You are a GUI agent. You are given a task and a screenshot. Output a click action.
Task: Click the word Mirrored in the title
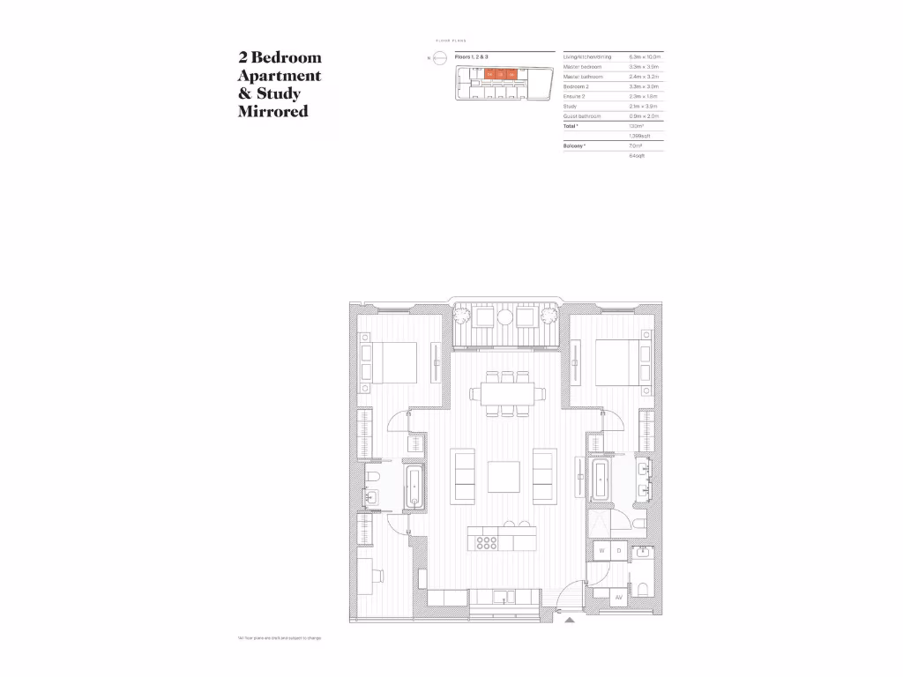[x=272, y=112]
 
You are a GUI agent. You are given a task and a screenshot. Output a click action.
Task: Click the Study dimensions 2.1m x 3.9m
[x=639, y=106]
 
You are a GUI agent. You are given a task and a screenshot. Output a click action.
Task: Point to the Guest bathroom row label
[x=582, y=116]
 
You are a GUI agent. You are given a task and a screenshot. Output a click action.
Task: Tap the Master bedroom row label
[x=583, y=66]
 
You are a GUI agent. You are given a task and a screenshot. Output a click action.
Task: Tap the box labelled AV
[x=618, y=598]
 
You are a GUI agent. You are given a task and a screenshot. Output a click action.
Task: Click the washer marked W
[x=601, y=551]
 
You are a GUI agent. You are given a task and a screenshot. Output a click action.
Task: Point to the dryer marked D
[x=619, y=551]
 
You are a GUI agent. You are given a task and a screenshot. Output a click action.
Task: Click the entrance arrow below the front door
[x=571, y=620]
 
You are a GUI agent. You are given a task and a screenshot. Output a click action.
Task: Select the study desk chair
[x=379, y=576]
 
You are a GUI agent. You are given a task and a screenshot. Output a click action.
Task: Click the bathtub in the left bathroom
[x=414, y=487]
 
